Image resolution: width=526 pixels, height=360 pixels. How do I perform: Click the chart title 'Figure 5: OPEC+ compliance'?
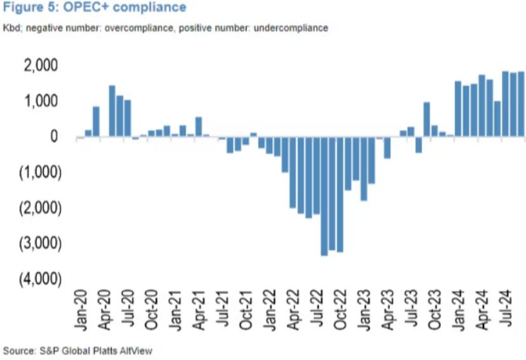pos(95,8)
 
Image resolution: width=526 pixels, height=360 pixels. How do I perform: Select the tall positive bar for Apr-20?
pos(112,111)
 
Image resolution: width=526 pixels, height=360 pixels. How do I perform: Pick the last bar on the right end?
pos(521,104)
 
